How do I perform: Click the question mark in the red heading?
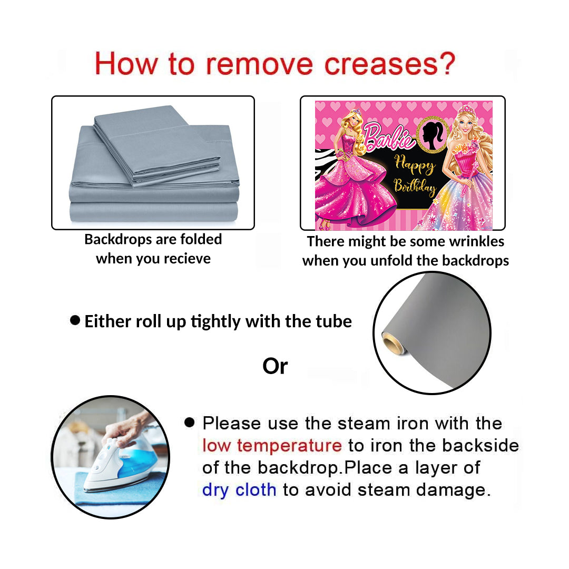click(x=446, y=64)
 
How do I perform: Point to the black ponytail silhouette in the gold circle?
click(x=433, y=135)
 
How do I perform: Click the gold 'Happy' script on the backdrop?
click(x=415, y=165)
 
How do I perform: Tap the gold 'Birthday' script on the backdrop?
click(x=415, y=187)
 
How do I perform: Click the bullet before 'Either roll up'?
click(x=75, y=320)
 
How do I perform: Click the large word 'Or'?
click(x=275, y=367)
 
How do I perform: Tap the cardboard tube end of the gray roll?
click(x=393, y=343)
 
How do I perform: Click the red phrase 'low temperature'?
click(x=272, y=445)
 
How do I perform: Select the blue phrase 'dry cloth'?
click(x=239, y=490)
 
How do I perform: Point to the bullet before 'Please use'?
click(x=190, y=422)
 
